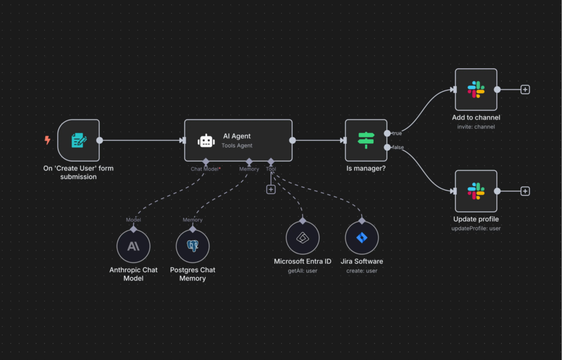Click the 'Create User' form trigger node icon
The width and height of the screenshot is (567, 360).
coord(79,140)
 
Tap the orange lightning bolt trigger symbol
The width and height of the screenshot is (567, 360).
coord(48,140)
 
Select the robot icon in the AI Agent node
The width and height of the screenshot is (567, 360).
coord(206,141)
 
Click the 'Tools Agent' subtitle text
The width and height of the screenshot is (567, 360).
coord(237,146)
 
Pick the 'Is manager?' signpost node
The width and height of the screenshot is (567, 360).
coord(366,140)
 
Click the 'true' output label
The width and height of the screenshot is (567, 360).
coord(397,133)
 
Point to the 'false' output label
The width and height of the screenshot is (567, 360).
coord(398,147)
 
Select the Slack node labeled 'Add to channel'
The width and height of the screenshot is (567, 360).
coord(476,90)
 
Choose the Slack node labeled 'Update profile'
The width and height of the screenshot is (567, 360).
coord(476,191)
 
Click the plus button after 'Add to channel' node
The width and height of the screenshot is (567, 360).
coord(525,90)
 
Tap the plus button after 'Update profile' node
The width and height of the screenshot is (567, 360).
coord(525,191)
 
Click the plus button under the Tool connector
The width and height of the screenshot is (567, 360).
coord(271,189)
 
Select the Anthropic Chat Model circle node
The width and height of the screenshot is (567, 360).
coord(133,246)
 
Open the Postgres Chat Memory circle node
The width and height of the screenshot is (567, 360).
coord(193,246)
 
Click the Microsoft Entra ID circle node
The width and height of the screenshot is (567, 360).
coord(302,238)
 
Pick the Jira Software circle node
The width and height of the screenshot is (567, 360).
coord(362,238)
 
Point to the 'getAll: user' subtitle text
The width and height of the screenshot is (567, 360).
coord(302,270)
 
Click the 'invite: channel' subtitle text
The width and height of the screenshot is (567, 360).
coord(476,127)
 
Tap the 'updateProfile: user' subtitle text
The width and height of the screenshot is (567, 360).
coord(476,228)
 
